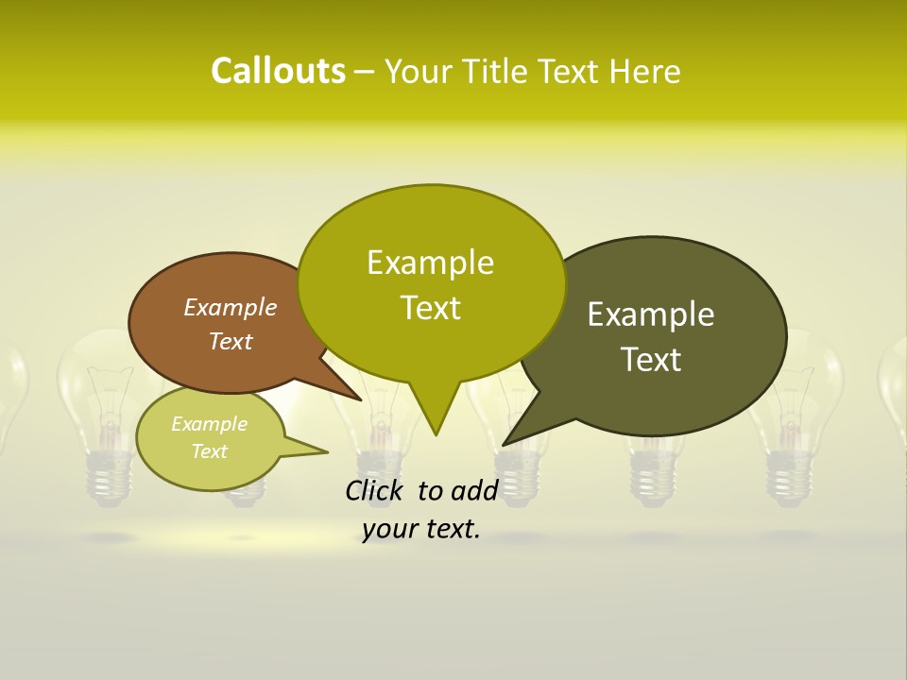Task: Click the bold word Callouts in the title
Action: pos(278,72)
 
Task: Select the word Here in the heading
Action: pos(645,72)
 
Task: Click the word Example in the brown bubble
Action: pos(230,307)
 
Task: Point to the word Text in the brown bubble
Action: pos(230,341)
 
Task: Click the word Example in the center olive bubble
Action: pos(430,263)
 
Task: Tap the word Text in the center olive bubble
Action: pos(430,308)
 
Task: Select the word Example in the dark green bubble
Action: pos(651,314)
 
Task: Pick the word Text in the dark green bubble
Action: pos(651,360)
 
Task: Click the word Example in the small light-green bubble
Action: pos(209,424)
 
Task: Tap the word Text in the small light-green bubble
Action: pos(209,451)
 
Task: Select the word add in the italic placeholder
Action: pos(474,490)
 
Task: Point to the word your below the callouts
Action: pos(389,530)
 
